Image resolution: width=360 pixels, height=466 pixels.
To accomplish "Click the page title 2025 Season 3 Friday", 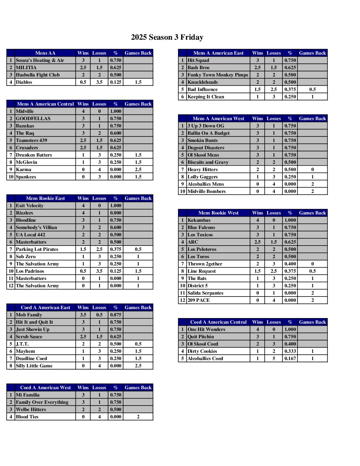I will tap(167, 37).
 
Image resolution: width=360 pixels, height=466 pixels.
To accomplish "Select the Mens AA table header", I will tap(45, 53).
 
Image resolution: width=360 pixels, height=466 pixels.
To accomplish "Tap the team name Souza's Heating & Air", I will tap(40, 60).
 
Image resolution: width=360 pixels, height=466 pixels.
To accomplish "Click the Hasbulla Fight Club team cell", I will tap(38, 75).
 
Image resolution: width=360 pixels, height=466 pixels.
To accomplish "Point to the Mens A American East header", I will tap(218, 53).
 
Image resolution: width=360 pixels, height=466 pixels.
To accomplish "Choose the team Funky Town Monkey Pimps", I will tap(218, 75).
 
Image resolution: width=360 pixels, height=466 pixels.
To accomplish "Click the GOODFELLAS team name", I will tap(33, 118).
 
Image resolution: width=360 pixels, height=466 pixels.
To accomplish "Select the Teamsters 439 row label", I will tap(31, 140).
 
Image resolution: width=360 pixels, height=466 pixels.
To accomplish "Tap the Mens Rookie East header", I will tap(45, 198).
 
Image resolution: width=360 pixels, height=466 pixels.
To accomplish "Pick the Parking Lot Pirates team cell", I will tap(37, 249).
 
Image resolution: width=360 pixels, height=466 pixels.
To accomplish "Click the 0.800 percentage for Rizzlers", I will tap(115, 213).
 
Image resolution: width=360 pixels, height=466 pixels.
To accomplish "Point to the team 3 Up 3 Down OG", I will tap(206, 126).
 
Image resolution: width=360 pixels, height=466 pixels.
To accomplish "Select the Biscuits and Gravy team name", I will tap(208, 162).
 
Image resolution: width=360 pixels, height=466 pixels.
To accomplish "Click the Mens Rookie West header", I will tap(218, 213).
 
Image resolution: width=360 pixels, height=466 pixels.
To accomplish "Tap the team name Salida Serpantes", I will tap(205, 293).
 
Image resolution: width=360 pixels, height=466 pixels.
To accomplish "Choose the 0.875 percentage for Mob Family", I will tap(115, 315).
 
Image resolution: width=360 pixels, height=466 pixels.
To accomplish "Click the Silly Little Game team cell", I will tap(34, 366).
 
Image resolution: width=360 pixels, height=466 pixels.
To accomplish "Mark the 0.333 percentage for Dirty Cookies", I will tap(290, 351).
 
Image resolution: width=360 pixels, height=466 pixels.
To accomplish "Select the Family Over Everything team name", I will tap(42, 402).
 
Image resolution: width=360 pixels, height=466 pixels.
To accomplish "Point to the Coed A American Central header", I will tap(218, 322).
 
